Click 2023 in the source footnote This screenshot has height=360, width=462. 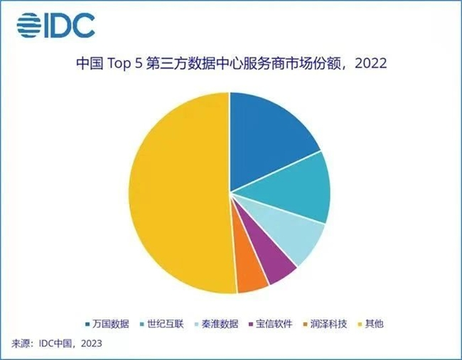pyautogui.click(x=90, y=344)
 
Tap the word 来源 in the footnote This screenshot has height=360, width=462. pyautogui.click(x=21, y=344)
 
